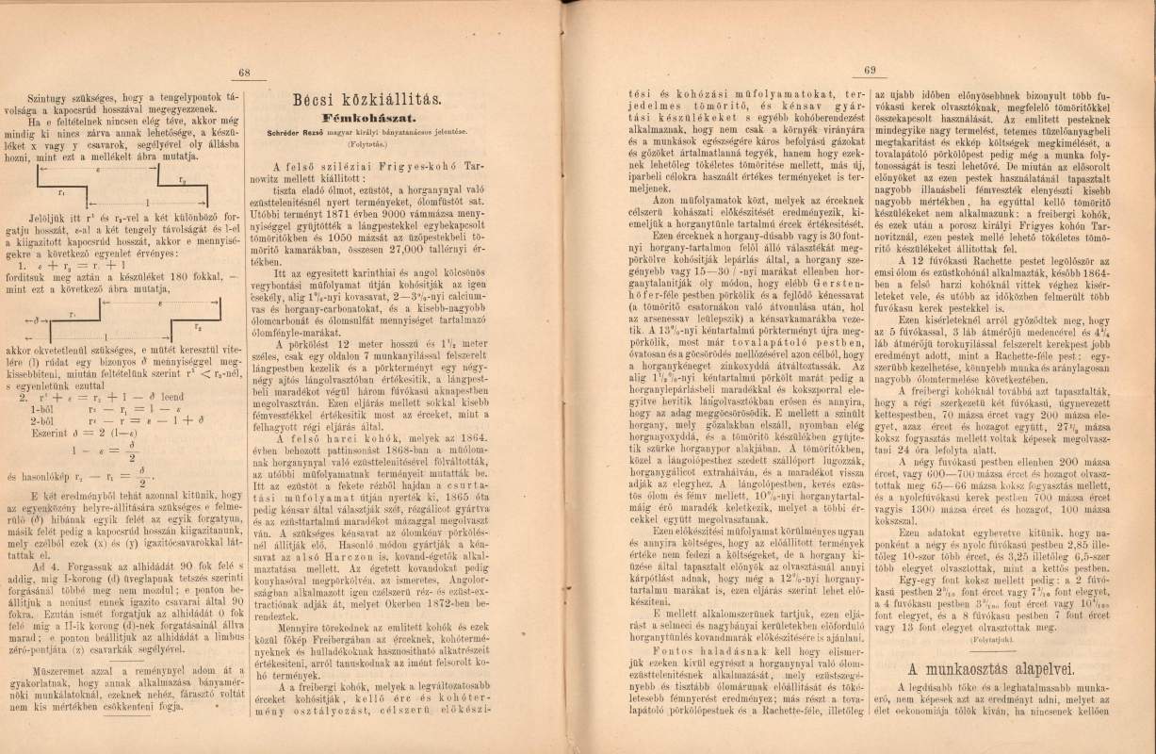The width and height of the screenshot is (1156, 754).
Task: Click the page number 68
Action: [x=243, y=74]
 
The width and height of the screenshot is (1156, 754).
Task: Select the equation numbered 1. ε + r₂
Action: [x=75, y=240]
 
